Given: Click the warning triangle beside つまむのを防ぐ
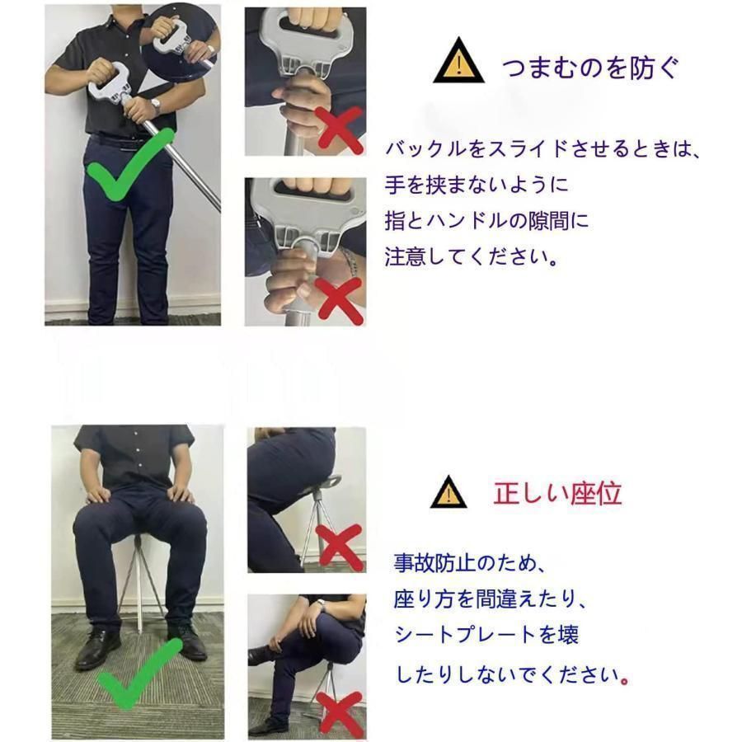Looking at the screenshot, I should coord(454,65).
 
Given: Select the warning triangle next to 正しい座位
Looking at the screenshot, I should coord(448,493).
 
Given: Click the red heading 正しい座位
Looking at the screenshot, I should coord(557,493).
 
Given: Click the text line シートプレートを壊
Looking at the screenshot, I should coord(487,634).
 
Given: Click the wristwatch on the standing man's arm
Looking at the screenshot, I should coord(156,106).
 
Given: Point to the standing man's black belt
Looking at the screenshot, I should coord(120,142).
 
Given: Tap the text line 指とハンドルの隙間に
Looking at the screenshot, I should coord(486,220).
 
